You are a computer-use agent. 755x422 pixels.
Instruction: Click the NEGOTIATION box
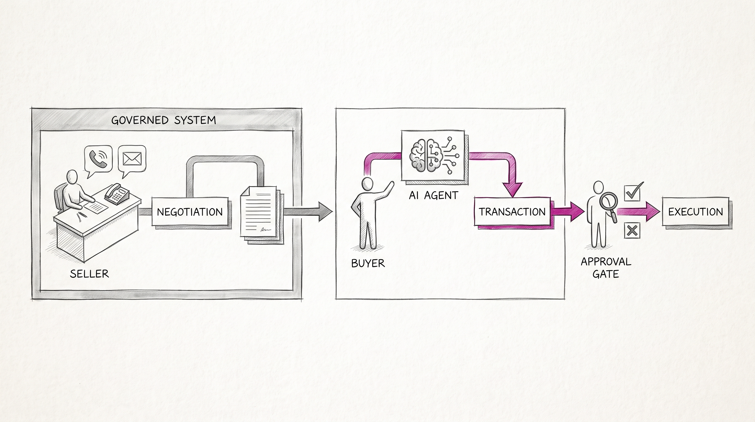tap(190, 212)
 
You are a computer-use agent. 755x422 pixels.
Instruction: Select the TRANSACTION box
tap(512, 212)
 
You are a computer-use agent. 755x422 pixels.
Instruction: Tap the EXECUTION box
tap(695, 212)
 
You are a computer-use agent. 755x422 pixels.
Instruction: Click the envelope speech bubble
tap(132, 160)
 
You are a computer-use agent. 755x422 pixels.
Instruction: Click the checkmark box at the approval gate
tap(633, 192)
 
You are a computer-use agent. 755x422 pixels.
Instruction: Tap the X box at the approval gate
tap(632, 230)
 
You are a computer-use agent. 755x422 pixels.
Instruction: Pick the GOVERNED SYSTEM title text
tap(164, 120)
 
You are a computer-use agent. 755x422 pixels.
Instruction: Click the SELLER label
tap(89, 274)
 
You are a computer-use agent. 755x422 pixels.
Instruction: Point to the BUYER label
tap(368, 263)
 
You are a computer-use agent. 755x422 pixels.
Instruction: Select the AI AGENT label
tap(433, 195)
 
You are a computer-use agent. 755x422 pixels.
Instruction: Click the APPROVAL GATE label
tap(606, 268)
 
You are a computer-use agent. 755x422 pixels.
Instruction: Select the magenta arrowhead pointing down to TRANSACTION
tap(512, 189)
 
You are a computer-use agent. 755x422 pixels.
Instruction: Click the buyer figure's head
tap(368, 184)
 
